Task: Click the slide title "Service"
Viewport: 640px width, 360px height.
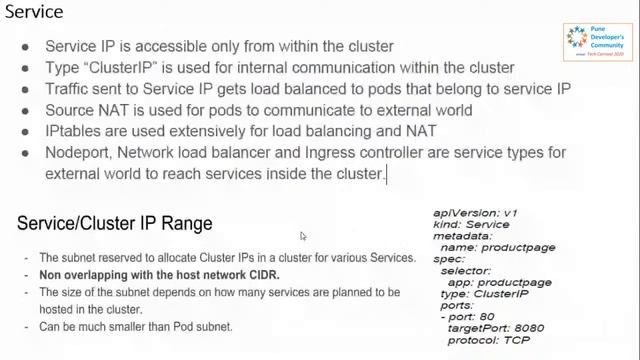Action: [38, 15]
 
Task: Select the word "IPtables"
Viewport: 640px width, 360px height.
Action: [74, 130]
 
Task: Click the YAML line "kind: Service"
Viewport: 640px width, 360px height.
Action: [467, 226]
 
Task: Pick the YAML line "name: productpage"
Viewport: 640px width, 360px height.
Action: [486, 250]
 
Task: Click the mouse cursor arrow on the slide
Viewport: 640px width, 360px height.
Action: [303, 237]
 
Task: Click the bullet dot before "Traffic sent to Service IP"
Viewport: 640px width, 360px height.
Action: [29, 88]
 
